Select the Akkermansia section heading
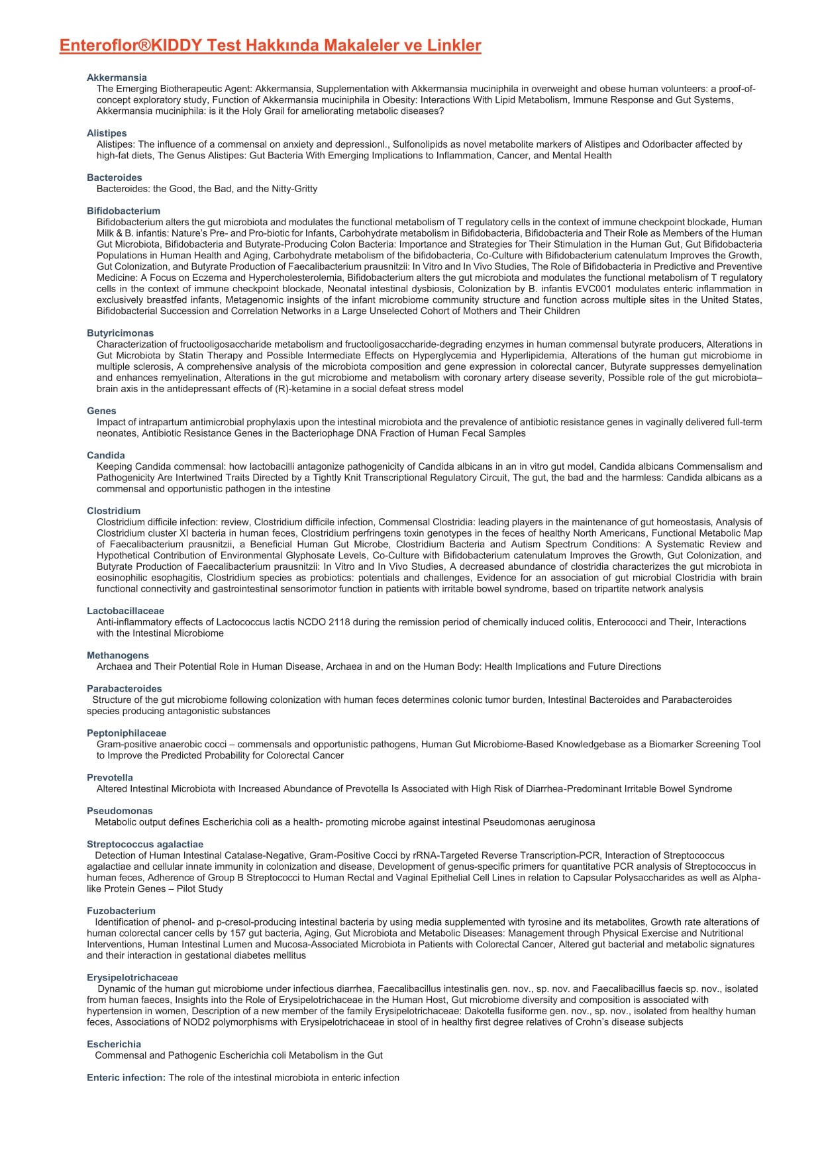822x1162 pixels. point(117,78)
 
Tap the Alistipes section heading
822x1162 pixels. point(107,133)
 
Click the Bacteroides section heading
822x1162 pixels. point(115,178)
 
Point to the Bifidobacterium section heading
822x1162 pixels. point(123,211)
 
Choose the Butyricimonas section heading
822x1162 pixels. point(120,333)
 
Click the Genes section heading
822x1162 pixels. point(101,411)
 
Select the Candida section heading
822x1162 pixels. point(106,455)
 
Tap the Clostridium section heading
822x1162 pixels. point(113,511)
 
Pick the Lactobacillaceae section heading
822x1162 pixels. point(125,611)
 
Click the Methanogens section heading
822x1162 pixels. point(118,655)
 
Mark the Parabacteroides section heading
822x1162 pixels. point(124,688)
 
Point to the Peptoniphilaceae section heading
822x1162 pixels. point(127,733)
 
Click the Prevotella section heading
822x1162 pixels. point(110,777)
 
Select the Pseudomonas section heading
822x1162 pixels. point(119,811)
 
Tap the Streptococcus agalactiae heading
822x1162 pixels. point(145,844)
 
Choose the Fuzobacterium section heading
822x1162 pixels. point(121,911)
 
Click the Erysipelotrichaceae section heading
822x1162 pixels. point(132,977)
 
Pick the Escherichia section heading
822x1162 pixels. point(114,1044)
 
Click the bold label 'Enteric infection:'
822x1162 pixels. point(126,1078)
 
